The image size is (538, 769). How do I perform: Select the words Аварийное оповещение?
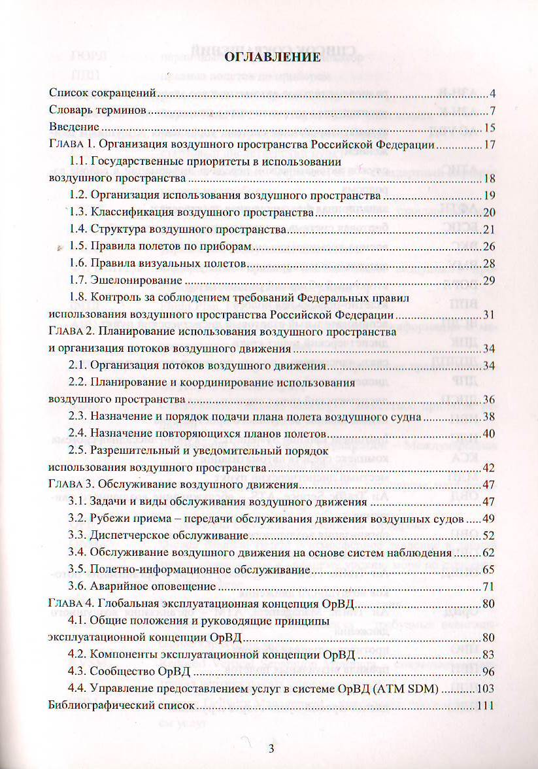[x=145, y=585]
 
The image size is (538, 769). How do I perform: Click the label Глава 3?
[x=72, y=485]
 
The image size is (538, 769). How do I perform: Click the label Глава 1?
[x=72, y=145]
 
